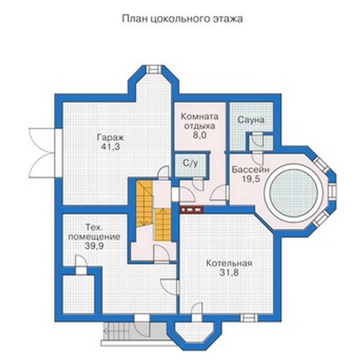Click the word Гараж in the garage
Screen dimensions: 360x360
point(110,138)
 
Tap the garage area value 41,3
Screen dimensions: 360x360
point(110,147)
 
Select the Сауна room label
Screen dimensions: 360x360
point(251,120)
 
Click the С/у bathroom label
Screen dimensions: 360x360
point(191,163)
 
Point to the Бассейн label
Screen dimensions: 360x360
point(251,170)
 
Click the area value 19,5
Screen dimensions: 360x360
point(251,179)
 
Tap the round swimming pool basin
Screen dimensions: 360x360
point(294,191)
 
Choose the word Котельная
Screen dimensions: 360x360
point(229,264)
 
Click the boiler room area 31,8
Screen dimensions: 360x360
point(229,272)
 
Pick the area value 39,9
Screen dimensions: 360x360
point(94,246)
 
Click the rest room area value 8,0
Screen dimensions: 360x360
point(199,135)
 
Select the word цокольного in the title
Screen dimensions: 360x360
point(181,19)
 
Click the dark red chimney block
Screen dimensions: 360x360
point(192,210)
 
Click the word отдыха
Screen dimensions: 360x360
point(199,126)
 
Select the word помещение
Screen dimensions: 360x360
point(94,237)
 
